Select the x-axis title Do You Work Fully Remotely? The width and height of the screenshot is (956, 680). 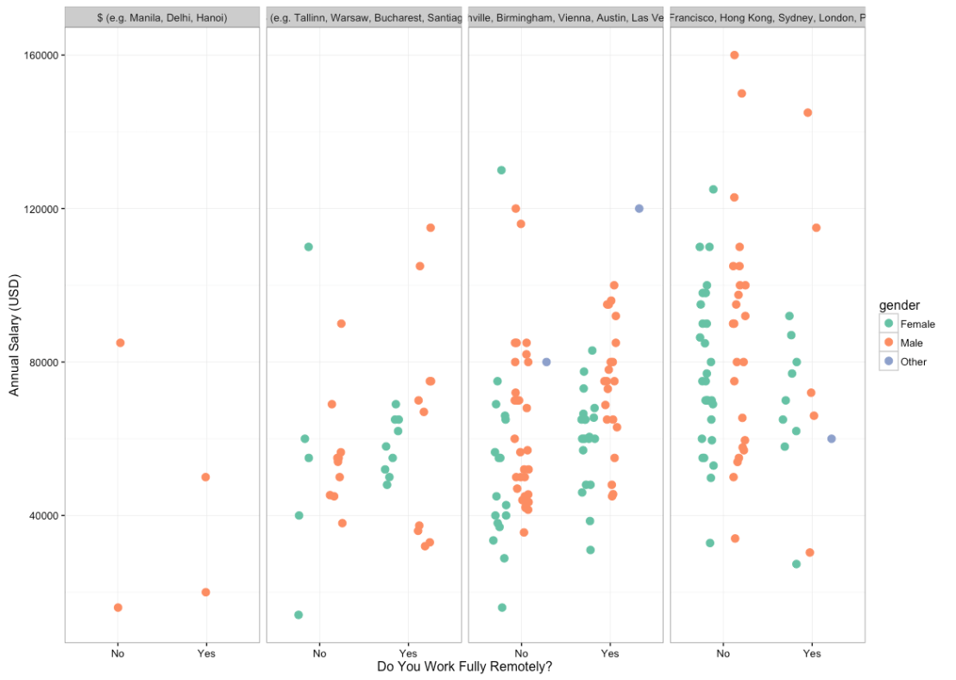click(x=464, y=667)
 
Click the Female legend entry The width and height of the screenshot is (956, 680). click(x=917, y=324)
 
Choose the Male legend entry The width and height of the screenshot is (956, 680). click(x=911, y=343)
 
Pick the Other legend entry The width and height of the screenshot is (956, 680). click(x=913, y=362)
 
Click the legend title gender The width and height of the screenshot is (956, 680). click(x=899, y=305)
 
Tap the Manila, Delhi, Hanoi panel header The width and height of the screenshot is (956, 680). click(x=162, y=18)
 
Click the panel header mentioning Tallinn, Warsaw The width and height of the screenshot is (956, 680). click(x=364, y=18)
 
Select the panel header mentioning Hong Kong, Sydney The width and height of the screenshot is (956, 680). click(x=767, y=18)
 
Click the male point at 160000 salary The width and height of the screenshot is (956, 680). click(x=734, y=55)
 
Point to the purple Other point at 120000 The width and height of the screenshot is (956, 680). click(x=639, y=208)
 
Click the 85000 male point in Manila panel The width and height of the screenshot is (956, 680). click(x=120, y=343)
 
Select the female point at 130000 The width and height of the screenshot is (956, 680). click(x=501, y=170)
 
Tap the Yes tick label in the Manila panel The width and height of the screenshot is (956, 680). click(x=205, y=653)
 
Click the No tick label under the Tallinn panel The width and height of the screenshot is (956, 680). click(x=319, y=653)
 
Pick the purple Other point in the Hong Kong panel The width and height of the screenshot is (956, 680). click(x=832, y=438)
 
